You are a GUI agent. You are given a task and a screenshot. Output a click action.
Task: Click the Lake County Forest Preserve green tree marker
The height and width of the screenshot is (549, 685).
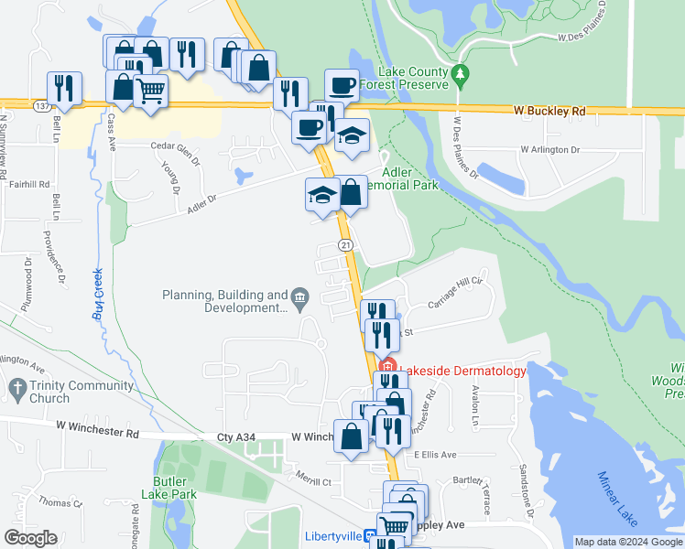(x=461, y=73)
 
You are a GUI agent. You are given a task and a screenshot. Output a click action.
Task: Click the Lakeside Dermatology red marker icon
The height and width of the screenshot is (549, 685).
(x=386, y=371)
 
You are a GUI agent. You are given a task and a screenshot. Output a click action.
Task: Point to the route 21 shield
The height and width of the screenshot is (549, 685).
(x=345, y=245)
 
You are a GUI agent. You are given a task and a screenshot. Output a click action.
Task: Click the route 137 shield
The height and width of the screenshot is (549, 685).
(x=39, y=106)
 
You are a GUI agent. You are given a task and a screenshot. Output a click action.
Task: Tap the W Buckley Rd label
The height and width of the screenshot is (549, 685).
(x=549, y=111)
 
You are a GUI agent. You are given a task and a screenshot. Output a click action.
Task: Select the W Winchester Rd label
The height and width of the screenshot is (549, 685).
(x=96, y=426)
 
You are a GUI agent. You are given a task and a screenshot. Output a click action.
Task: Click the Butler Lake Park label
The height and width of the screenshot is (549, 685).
(x=169, y=487)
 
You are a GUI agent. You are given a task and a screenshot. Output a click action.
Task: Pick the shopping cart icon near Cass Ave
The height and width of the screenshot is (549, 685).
(x=150, y=91)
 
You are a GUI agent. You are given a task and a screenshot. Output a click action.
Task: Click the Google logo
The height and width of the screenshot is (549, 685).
(x=30, y=538)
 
